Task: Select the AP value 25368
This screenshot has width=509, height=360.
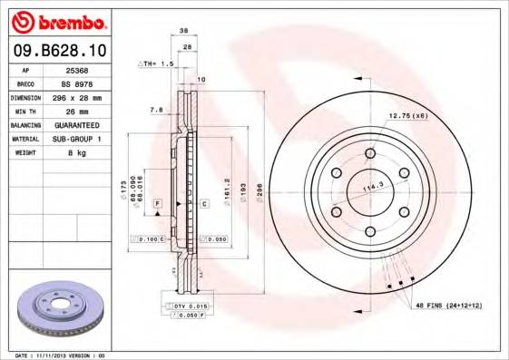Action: [x=78, y=69]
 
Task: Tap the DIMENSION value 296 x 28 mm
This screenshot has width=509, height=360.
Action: [x=79, y=97]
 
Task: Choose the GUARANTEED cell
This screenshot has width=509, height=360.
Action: [x=79, y=125]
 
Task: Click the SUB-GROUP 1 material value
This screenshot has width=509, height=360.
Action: [x=79, y=139]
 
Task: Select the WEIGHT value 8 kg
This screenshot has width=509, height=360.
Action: [x=79, y=153]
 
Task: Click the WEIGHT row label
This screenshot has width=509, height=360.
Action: [x=24, y=153]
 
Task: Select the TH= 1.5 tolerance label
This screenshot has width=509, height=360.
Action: [x=155, y=64]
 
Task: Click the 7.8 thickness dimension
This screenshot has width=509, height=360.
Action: [x=155, y=110]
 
